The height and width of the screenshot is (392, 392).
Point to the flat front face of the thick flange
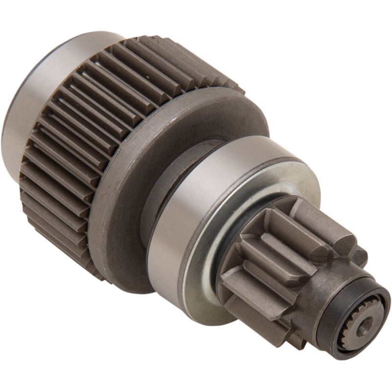click(x=147, y=147)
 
